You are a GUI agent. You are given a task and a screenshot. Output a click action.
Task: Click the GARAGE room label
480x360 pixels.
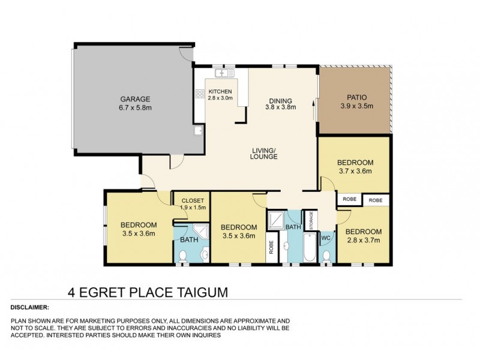(x=134, y=99)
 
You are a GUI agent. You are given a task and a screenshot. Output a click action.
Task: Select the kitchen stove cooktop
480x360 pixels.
(x=200, y=94)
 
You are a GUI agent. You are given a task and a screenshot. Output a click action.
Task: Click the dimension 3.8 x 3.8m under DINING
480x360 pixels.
(x=280, y=108)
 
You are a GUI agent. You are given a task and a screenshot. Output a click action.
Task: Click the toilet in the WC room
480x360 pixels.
(x=326, y=257)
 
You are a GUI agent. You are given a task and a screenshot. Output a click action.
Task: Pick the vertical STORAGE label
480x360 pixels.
(x=312, y=220)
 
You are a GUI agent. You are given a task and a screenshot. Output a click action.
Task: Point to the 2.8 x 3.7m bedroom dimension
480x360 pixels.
(x=364, y=241)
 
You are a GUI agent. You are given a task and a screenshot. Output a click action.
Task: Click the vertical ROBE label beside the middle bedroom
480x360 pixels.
(x=271, y=247)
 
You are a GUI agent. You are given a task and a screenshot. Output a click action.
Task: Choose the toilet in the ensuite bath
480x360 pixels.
(x=184, y=257)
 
